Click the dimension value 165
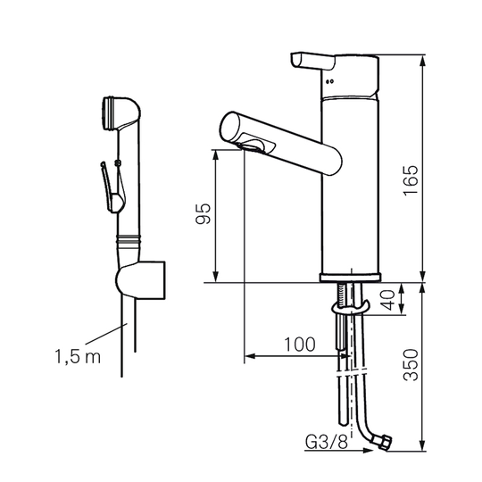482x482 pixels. [x=411, y=180]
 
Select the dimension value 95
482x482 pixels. [x=204, y=213]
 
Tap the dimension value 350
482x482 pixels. [x=411, y=365]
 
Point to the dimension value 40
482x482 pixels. [x=388, y=300]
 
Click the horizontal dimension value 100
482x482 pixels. [x=300, y=345]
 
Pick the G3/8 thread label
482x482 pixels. [x=327, y=443]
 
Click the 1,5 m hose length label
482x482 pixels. [x=78, y=356]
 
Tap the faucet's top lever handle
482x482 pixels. [x=312, y=61]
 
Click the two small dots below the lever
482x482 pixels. [x=330, y=81]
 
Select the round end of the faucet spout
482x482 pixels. [x=229, y=127]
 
